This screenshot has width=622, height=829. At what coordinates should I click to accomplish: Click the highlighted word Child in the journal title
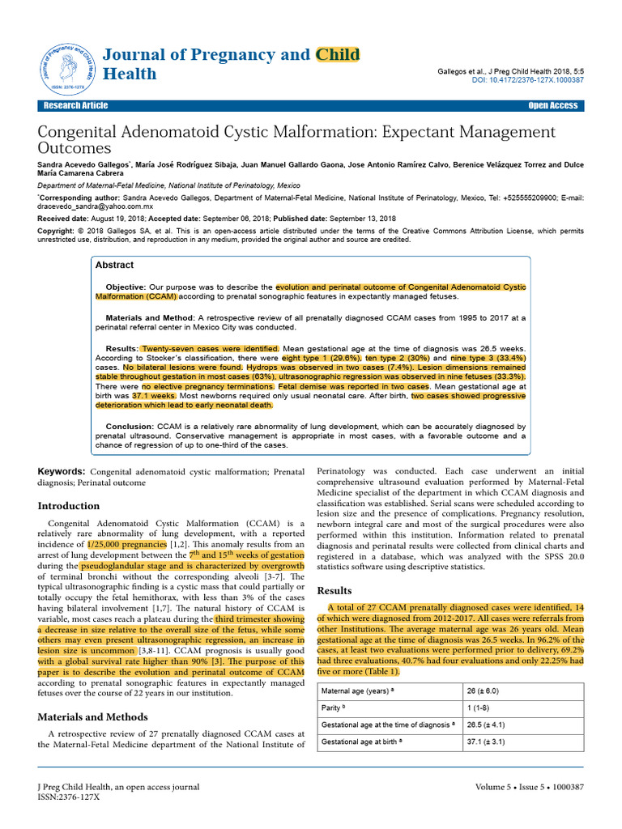pos(338,54)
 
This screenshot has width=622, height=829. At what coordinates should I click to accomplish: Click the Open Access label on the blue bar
pos(552,105)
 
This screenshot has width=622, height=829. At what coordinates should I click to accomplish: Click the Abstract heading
pos(114,265)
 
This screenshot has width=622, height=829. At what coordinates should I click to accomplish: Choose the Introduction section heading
pos(69,506)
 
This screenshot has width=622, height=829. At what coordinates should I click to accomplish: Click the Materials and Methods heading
pos(92,716)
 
